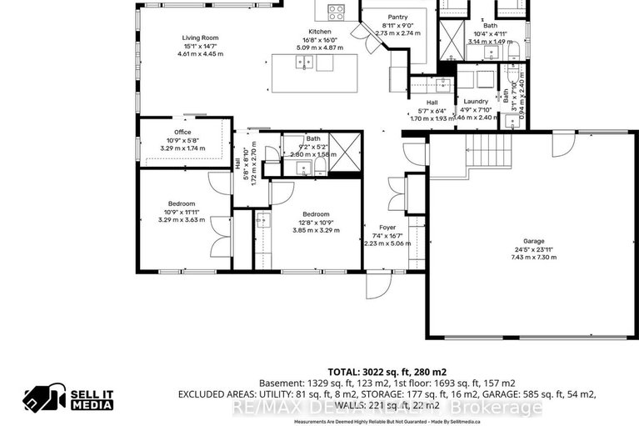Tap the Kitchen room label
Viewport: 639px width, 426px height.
320,32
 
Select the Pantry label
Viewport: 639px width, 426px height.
396,17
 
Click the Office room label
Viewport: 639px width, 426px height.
182,133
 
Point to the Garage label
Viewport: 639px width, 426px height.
533,240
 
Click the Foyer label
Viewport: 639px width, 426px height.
387,227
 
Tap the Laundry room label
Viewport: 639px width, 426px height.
476,101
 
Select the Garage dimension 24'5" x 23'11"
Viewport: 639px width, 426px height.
533,248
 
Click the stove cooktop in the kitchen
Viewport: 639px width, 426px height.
337,11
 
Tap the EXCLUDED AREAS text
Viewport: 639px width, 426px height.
219,394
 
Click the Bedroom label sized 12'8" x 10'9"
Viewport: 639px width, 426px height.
316,214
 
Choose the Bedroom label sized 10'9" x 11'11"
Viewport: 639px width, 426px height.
182,204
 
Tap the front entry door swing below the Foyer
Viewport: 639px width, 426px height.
376,287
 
